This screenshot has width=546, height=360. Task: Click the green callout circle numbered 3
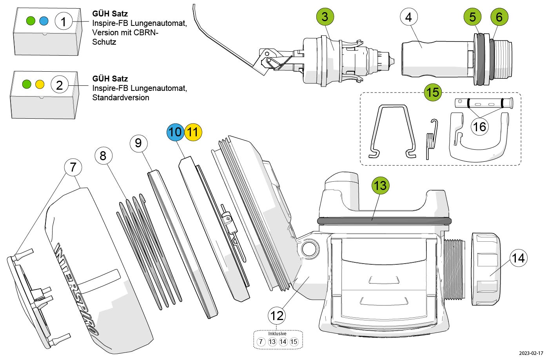point(325,17)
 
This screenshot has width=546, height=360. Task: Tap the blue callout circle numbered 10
point(175,132)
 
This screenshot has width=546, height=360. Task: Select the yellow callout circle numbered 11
point(193,132)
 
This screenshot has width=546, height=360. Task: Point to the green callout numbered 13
point(380,185)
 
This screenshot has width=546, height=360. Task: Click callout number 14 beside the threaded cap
point(518,258)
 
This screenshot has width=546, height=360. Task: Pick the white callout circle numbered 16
point(479,127)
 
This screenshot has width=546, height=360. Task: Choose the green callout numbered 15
point(433,92)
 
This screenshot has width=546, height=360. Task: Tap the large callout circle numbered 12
point(277,315)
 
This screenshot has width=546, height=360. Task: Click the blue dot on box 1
point(44,21)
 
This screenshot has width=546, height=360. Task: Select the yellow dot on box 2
point(40,84)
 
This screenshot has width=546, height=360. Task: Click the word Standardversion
point(121,98)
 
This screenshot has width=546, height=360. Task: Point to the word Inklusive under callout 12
point(278,334)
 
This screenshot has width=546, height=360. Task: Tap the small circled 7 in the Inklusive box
point(261,342)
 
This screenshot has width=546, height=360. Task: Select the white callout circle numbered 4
point(409,17)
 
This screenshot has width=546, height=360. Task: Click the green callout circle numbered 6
point(499,17)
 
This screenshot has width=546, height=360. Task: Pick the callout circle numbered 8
point(103,156)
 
